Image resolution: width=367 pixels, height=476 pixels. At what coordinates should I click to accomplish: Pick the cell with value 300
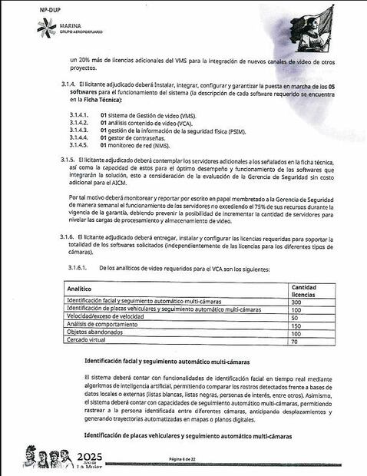click(x=296, y=302)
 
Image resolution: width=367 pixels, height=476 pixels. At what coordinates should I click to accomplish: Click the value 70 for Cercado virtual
click(x=294, y=341)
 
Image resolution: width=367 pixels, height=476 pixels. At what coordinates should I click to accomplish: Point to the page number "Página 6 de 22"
click(x=184, y=458)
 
